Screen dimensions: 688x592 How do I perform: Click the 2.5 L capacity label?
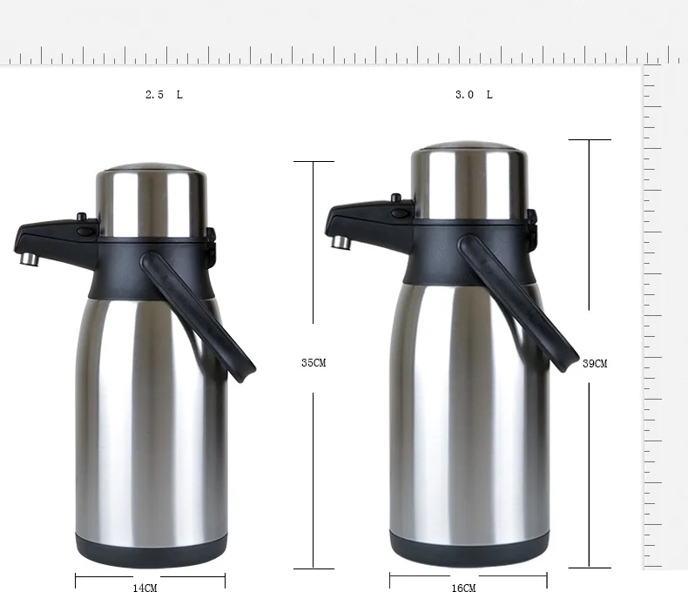pos(164,95)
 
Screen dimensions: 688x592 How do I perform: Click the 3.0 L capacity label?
pos(474,95)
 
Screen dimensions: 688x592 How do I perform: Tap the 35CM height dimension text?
pos(314,363)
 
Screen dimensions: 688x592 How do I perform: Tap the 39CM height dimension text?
pos(595,364)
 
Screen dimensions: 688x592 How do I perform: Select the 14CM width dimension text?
pos(145,588)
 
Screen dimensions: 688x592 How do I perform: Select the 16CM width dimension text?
pos(464,588)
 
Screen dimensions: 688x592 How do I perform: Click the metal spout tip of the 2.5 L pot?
pos(30,259)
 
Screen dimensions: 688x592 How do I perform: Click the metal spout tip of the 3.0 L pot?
pos(341,242)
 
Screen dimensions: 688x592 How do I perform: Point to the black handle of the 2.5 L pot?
pos(198,317)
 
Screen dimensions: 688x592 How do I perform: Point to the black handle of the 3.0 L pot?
pos(518,303)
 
